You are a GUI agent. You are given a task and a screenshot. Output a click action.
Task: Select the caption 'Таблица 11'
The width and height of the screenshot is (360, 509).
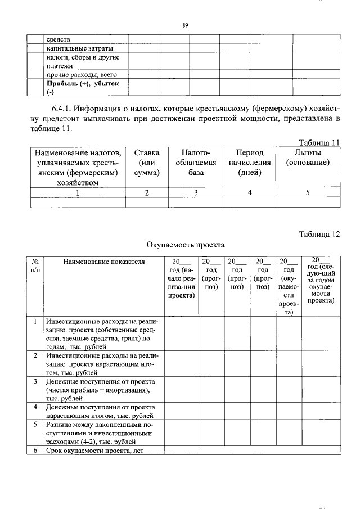point(318,143)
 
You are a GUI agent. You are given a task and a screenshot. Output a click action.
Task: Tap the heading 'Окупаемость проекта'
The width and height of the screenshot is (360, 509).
point(185,245)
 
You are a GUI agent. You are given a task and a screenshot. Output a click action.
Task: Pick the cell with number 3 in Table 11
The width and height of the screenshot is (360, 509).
point(196,192)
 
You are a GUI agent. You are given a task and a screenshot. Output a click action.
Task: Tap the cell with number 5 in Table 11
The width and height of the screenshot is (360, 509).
point(308,192)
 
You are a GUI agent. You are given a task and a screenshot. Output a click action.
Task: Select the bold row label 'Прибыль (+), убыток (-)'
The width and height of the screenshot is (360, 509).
point(84,88)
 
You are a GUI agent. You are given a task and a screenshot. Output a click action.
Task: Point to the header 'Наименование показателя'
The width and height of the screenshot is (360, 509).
point(103,262)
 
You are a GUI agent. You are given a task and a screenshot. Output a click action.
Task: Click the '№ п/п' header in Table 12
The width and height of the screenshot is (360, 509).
point(35,265)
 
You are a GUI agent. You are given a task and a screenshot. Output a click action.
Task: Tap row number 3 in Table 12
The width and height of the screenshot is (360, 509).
point(35,381)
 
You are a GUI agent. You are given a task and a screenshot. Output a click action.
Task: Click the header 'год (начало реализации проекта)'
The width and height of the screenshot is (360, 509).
point(181,278)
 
